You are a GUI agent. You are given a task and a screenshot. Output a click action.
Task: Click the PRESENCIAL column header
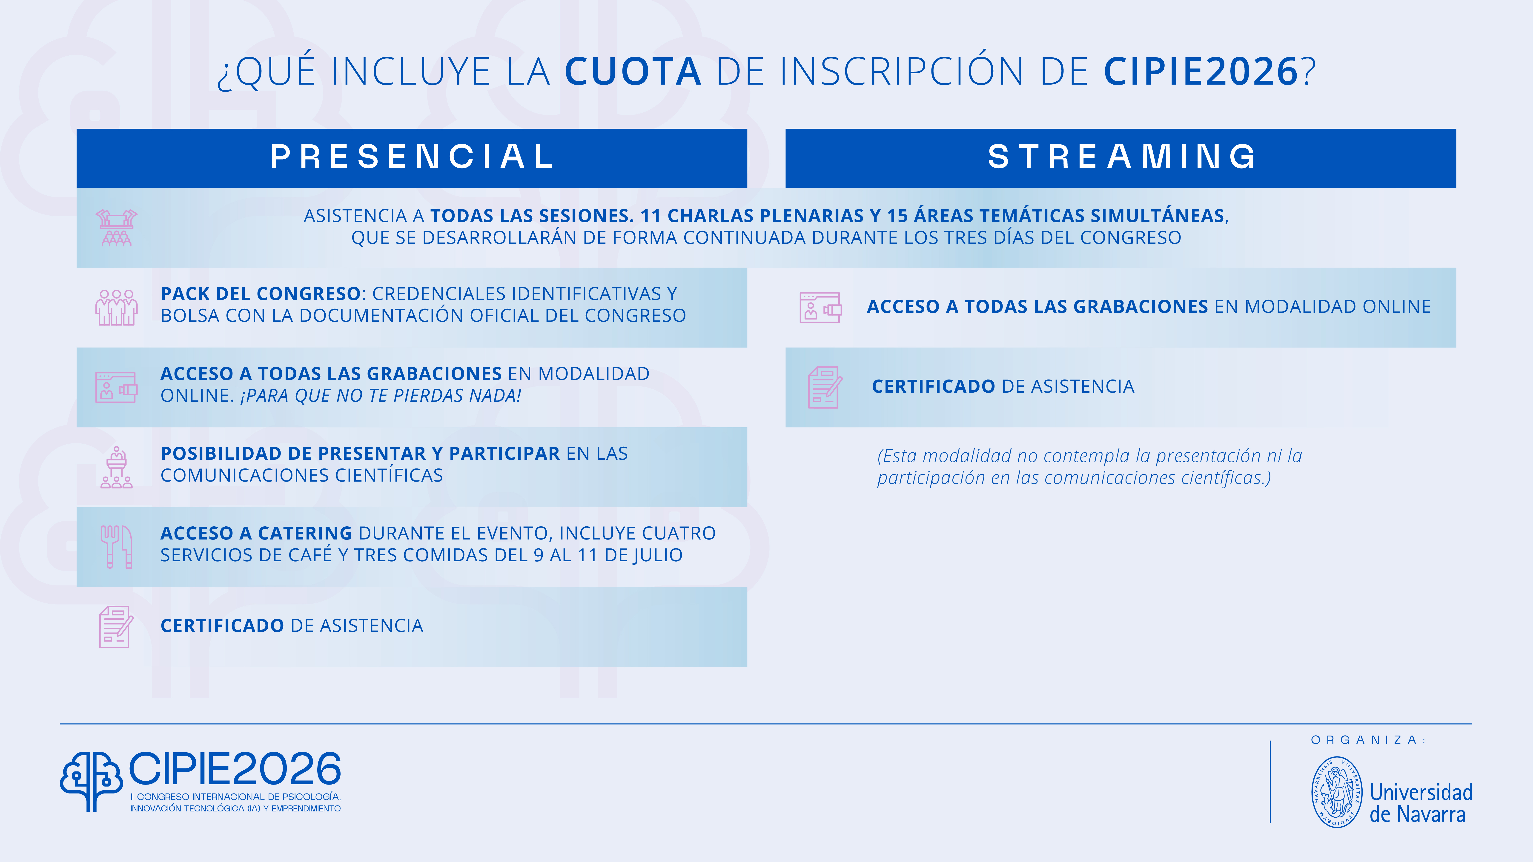412,157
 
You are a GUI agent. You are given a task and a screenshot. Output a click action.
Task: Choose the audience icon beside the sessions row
117,228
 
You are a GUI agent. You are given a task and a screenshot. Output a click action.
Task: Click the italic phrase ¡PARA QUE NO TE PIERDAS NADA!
381,396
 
